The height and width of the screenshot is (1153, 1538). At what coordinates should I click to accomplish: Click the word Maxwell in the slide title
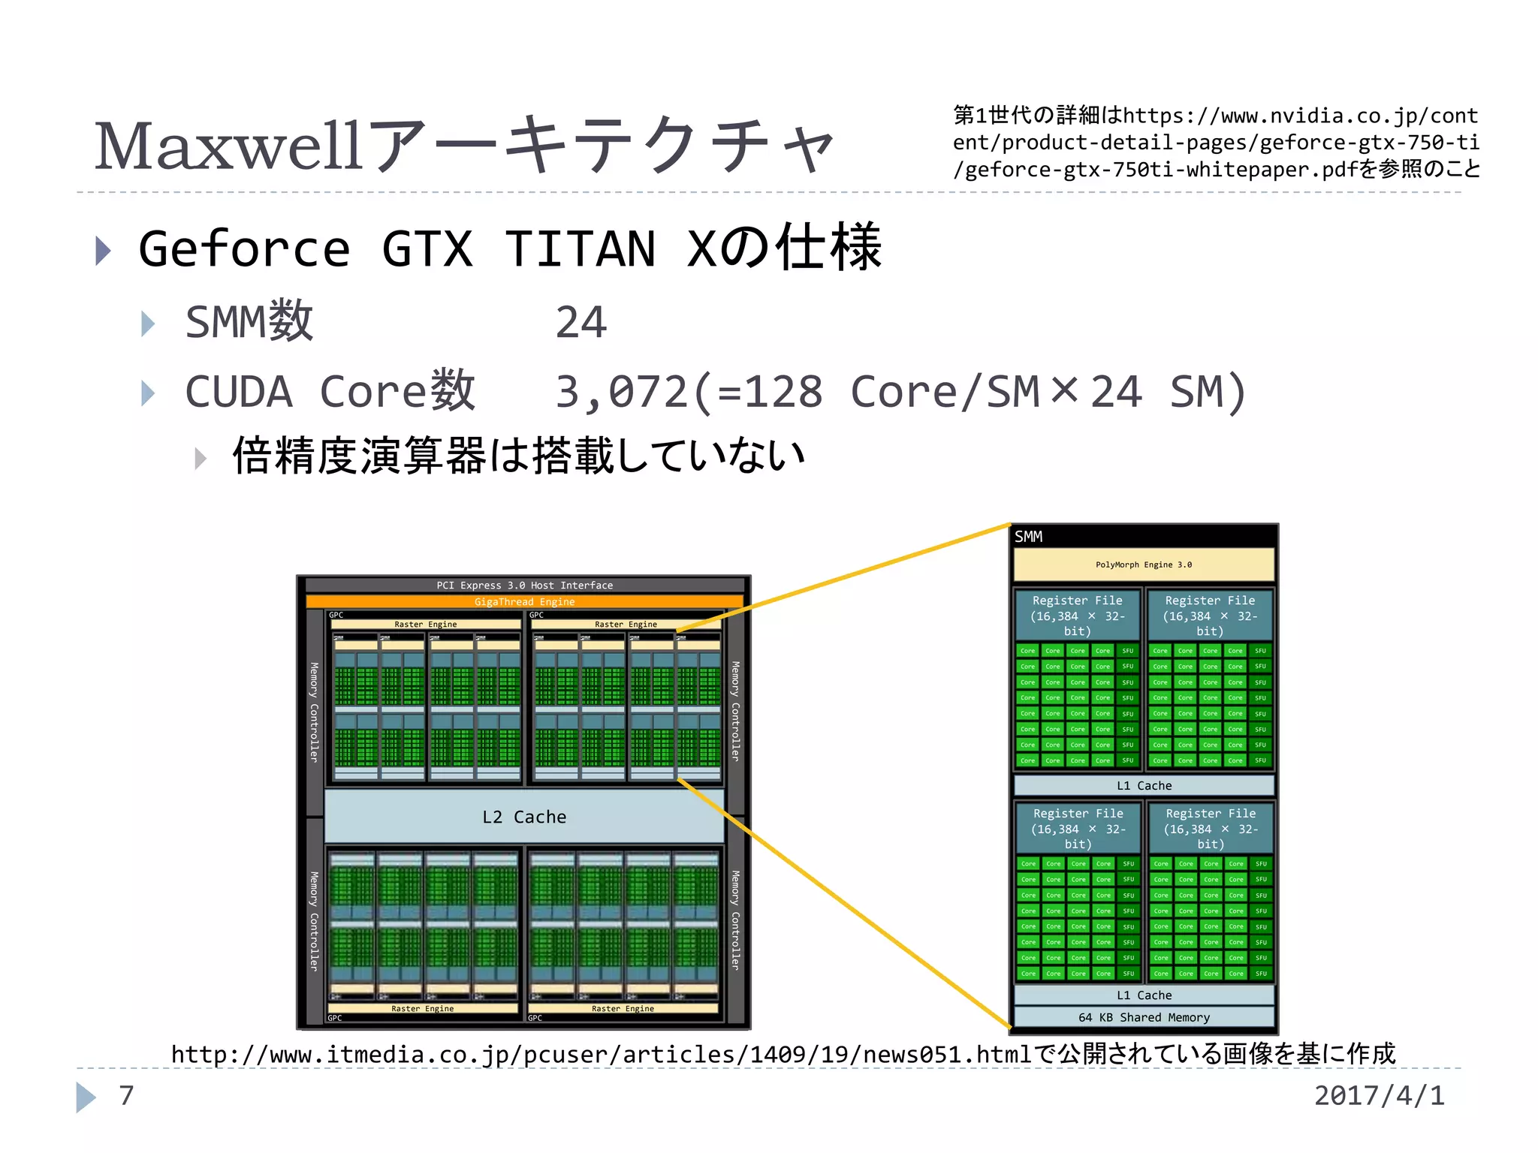click(x=229, y=146)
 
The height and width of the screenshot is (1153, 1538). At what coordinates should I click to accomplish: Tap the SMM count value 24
click(x=581, y=323)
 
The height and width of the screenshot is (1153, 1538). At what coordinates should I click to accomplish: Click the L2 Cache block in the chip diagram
click(x=524, y=817)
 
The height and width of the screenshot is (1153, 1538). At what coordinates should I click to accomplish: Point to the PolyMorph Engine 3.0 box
click(x=1143, y=564)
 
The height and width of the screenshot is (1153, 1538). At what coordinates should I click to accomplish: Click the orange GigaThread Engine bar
click(x=524, y=601)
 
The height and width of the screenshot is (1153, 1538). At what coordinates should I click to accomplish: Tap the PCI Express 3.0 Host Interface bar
click(x=524, y=585)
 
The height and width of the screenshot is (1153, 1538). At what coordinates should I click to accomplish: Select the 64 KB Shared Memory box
click(x=1144, y=1017)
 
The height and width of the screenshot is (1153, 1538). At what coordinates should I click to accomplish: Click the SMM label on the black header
click(x=1028, y=537)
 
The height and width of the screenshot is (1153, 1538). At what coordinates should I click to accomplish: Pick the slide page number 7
click(x=126, y=1095)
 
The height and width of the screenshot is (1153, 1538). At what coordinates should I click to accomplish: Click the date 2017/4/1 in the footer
click(x=1379, y=1095)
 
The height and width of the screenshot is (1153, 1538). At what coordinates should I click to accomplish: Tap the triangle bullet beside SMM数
click(x=148, y=324)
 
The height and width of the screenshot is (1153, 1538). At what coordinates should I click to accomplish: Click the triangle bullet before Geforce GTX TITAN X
click(x=104, y=251)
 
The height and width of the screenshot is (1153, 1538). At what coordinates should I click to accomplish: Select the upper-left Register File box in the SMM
click(x=1077, y=616)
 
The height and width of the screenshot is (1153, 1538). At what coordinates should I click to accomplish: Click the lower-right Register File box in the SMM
click(x=1210, y=828)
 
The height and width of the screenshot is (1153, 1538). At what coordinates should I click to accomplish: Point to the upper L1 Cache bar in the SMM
click(x=1144, y=785)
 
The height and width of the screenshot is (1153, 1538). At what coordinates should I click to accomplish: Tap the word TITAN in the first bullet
click(x=580, y=249)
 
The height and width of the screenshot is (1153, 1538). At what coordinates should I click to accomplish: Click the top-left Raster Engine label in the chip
click(x=425, y=624)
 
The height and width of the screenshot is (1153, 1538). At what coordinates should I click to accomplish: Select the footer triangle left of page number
click(x=86, y=1097)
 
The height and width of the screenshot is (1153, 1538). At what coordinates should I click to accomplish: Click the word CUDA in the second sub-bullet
click(x=238, y=392)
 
